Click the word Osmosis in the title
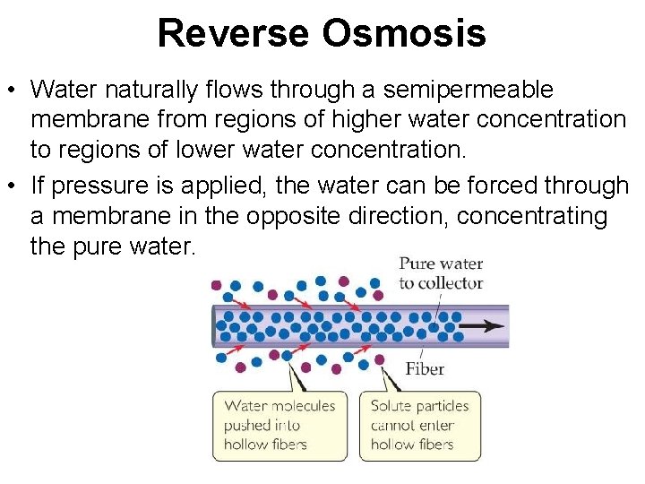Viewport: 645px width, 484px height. pyautogui.click(x=403, y=34)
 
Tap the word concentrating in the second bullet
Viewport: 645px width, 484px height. pyautogui.click(x=528, y=216)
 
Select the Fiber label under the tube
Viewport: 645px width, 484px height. pyautogui.click(x=425, y=368)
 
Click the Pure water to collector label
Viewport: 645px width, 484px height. pyautogui.click(x=441, y=273)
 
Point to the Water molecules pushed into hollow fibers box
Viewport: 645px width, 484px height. pyautogui.click(x=279, y=425)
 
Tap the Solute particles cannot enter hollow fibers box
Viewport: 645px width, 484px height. pyautogui.click(x=419, y=425)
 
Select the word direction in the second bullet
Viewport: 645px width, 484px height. pyautogui.click(x=455, y=216)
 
